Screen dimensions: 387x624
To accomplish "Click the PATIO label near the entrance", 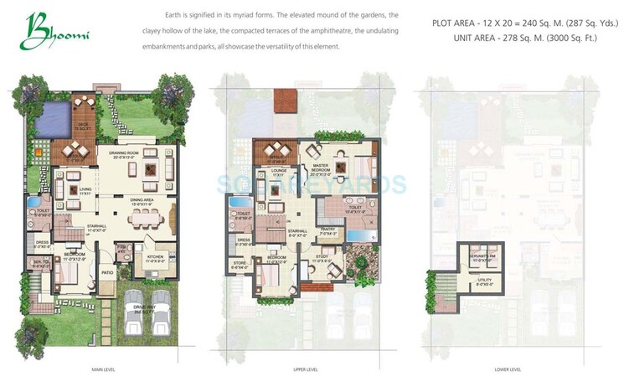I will point(106,273).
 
